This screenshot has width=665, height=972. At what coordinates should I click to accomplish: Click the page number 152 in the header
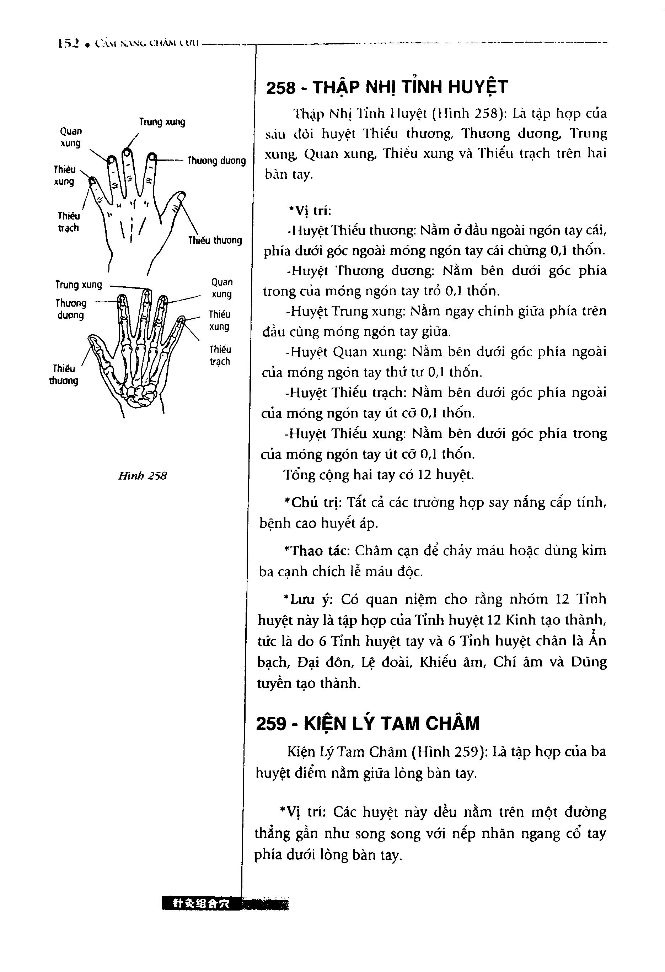pos(69,43)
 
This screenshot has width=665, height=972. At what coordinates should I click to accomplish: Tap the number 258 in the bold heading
pos(281,88)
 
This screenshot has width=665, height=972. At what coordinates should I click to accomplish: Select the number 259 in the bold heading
pos(271,723)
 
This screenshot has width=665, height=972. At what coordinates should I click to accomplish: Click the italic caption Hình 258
pos(142,476)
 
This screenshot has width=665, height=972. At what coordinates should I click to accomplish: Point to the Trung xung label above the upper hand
pos(162,122)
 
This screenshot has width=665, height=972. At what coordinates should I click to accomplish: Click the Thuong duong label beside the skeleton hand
pos(71,309)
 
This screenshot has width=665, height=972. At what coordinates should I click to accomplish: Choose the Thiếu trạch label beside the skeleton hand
pos(220,355)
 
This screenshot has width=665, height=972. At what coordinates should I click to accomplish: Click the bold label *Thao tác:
pos(317,551)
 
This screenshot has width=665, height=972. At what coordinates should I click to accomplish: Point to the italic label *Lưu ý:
pos(307,599)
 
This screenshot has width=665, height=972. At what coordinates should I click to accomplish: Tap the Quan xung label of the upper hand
pos(71,137)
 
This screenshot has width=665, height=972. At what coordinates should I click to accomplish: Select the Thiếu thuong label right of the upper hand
pos(215,241)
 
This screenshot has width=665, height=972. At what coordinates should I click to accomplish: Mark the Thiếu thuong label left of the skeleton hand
pos(64,374)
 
